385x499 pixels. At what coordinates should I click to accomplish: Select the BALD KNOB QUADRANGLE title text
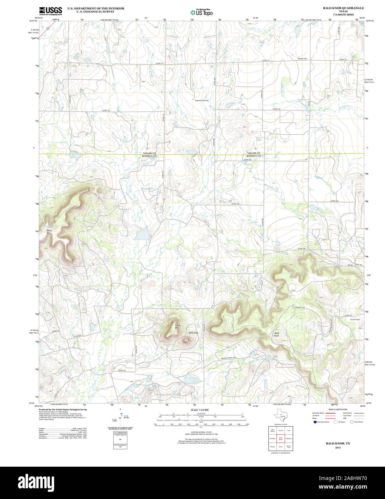tap(343, 8)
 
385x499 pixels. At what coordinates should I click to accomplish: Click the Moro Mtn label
tap(49, 232)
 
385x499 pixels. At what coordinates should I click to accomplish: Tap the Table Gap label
tap(193, 333)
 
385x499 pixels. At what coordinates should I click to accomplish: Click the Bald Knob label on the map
tap(276, 334)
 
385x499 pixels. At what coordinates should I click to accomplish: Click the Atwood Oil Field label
tap(201, 101)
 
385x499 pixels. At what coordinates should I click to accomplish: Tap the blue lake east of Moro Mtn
tap(142, 235)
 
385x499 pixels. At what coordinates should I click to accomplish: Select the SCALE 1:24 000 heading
tap(200, 410)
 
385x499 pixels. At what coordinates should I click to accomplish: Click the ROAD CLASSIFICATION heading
tap(338, 410)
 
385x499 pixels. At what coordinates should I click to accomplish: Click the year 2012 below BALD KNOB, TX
tap(338, 448)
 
